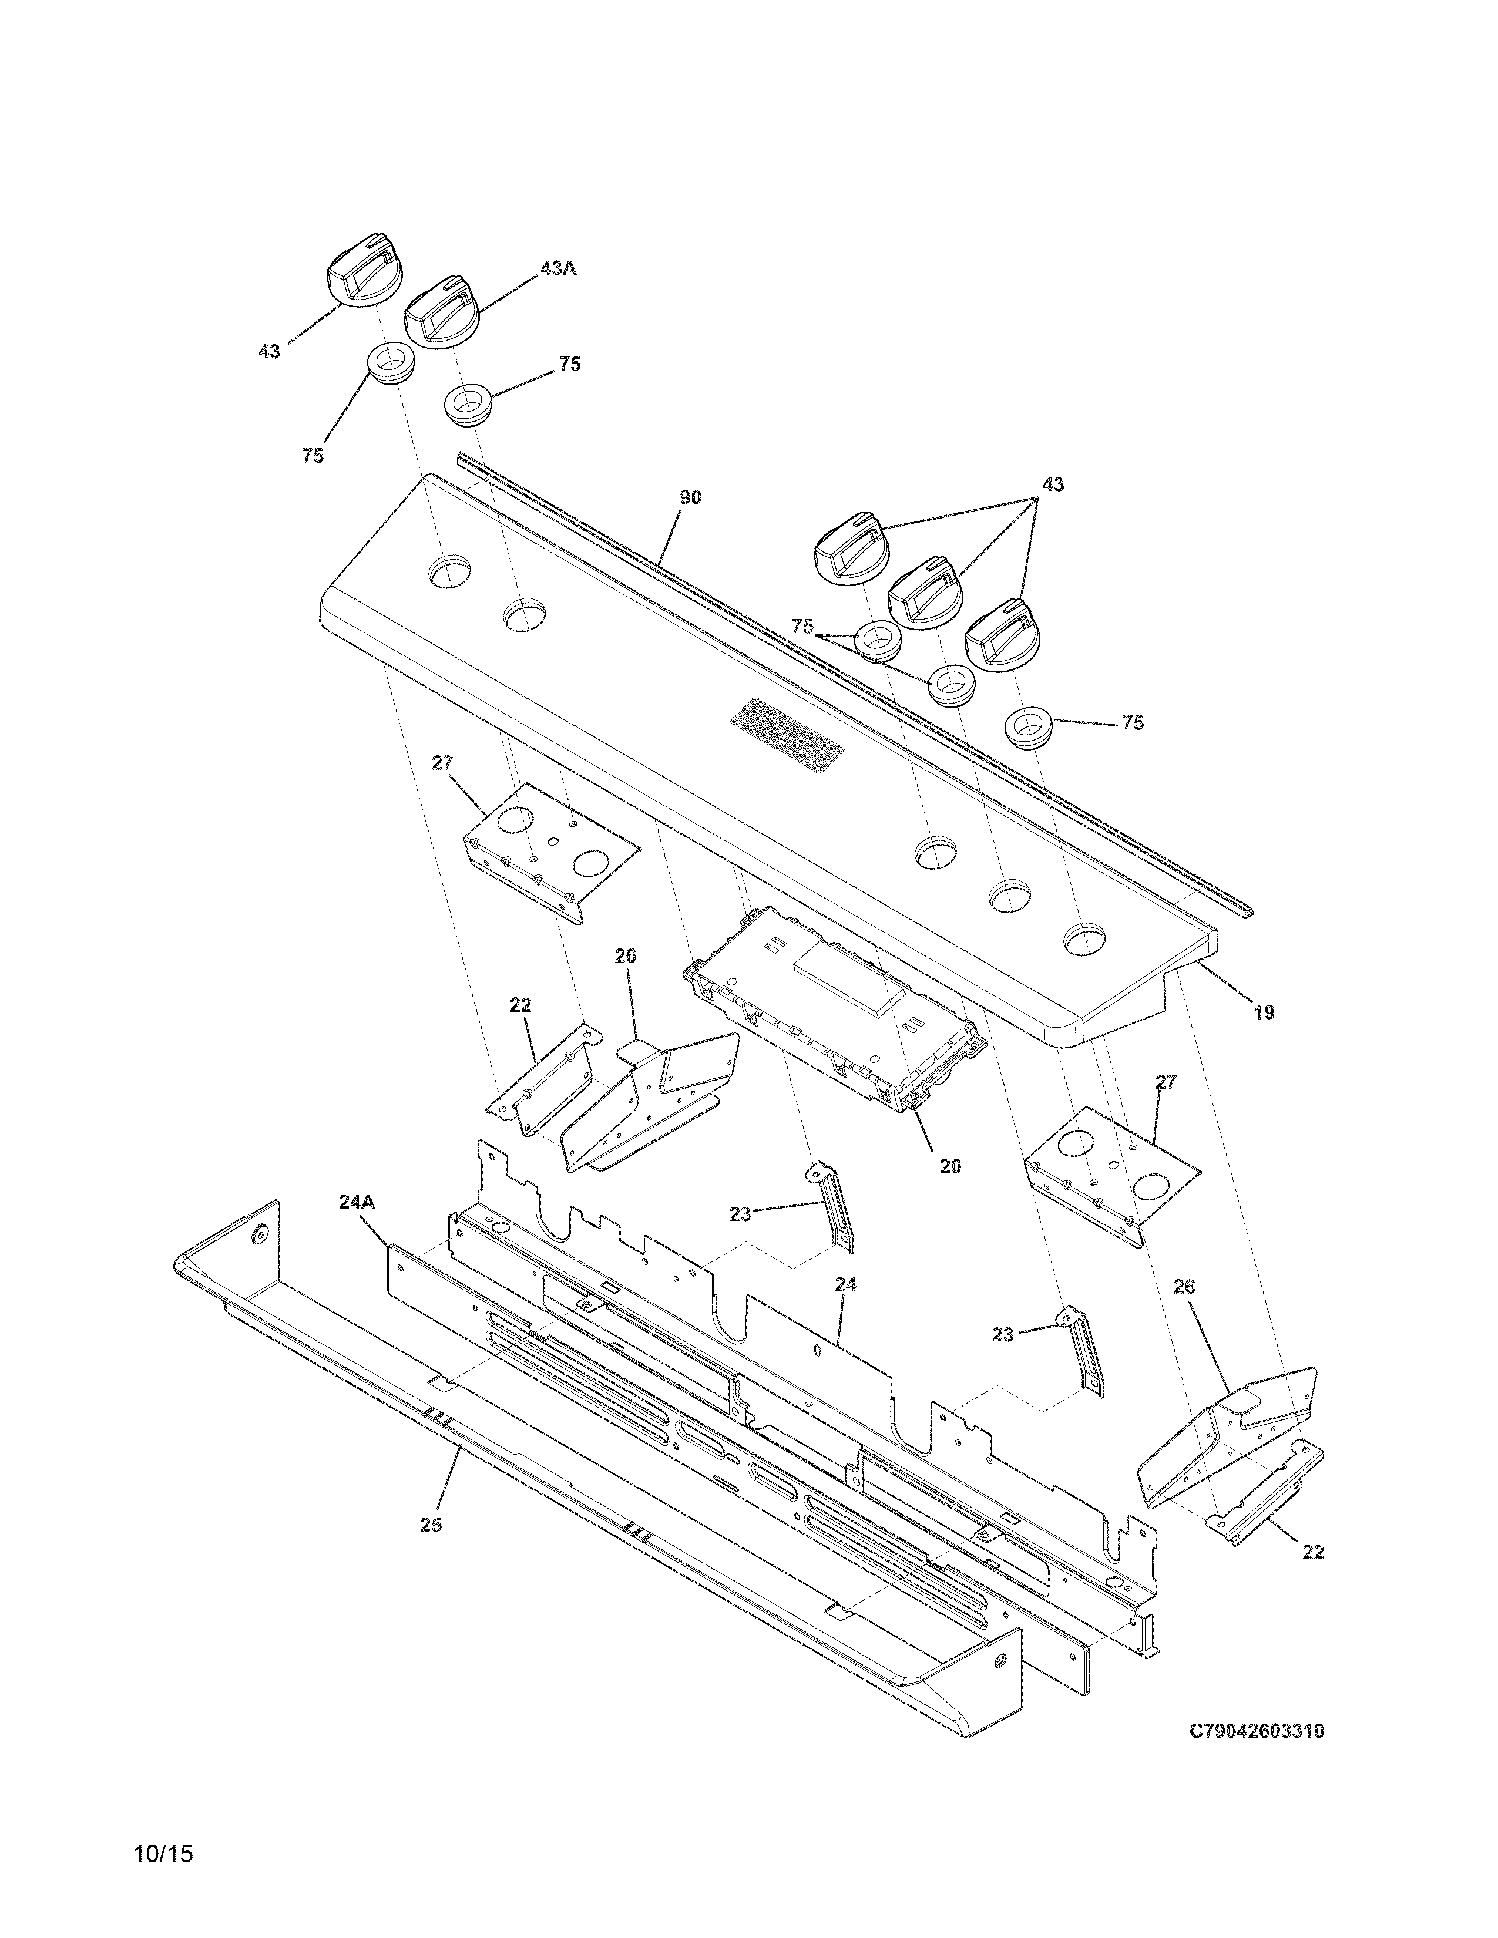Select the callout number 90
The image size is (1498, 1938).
coord(690,498)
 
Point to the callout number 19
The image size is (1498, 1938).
coord(1264,1012)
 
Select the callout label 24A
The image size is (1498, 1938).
coord(357,1202)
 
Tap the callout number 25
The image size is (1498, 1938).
coord(431,1525)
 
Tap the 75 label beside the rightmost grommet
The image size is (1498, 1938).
coord(1133,723)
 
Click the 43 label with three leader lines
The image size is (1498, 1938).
coord(1053,484)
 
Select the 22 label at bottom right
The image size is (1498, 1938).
coord(1312,1552)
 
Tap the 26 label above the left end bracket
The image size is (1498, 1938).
coord(626,955)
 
